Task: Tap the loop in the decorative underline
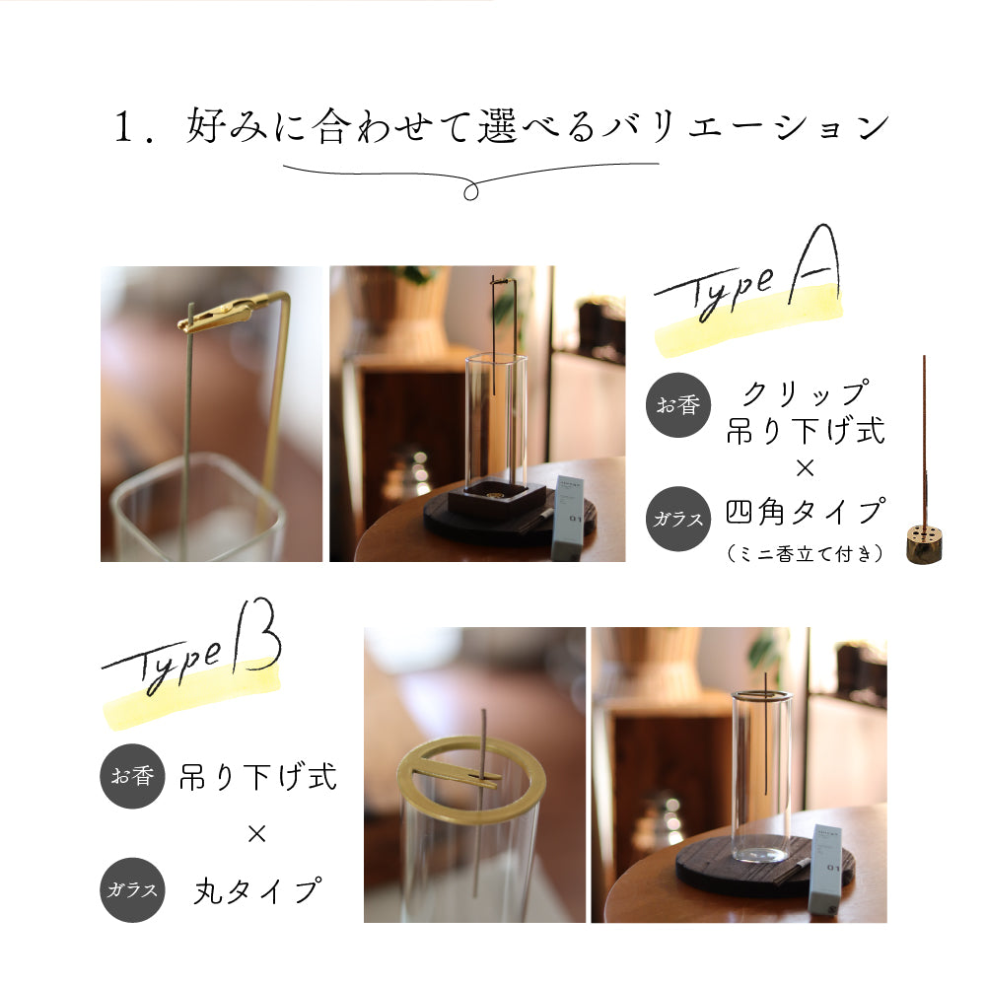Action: pyautogui.click(x=471, y=191)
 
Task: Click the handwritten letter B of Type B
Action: pyautogui.click(x=257, y=636)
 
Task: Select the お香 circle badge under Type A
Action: pyautogui.click(x=678, y=404)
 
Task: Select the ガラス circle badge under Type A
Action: pyautogui.click(x=678, y=519)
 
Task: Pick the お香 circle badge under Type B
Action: pyautogui.click(x=132, y=776)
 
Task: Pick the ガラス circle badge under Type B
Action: pyautogui.click(x=132, y=890)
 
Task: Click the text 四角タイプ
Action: pyautogui.click(x=807, y=512)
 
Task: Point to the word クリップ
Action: pyautogui.click(x=807, y=393)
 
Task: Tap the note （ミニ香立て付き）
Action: pyautogui.click(x=806, y=554)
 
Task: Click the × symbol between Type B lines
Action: pyautogui.click(x=256, y=834)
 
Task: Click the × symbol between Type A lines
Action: pyautogui.click(x=806, y=468)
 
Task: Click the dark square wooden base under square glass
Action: pyautogui.click(x=497, y=501)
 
